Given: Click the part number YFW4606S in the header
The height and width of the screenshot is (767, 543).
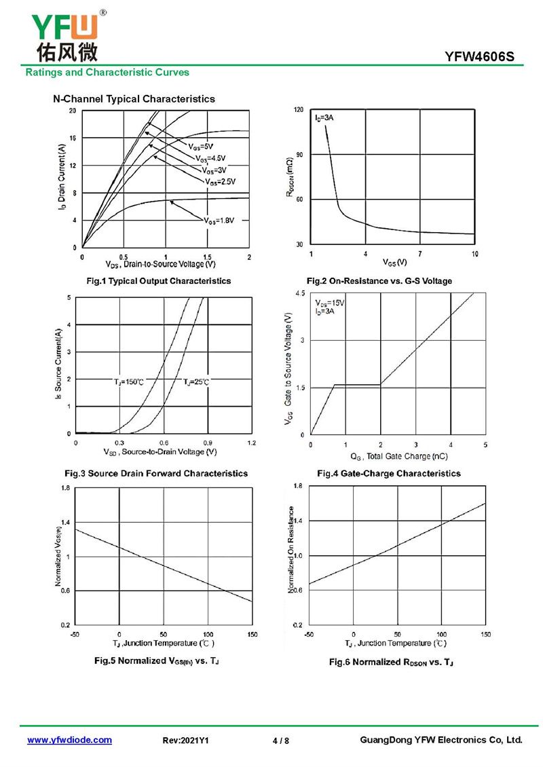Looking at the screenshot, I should click(x=484, y=58).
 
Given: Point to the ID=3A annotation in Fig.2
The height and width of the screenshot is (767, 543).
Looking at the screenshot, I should click(x=324, y=118).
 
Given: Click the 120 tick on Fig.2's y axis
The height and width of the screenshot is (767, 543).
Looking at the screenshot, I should click(x=299, y=109).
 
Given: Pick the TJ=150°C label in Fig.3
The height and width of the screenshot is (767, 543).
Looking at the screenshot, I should click(x=128, y=382).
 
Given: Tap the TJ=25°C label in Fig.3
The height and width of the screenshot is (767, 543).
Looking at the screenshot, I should click(x=196, y=382).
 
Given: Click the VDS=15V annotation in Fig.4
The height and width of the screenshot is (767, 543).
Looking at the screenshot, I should click(x=330, y=303).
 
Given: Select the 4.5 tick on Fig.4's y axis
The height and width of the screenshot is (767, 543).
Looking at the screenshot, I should click(x=300, y=293).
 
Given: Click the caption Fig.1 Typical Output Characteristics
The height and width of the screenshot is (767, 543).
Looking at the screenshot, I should click(x=158, y=281).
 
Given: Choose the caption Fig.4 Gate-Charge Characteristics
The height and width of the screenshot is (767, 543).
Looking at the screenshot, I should click(x=389, y=473).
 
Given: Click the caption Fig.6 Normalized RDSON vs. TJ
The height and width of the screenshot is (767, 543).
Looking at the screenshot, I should click(x=391, y=661).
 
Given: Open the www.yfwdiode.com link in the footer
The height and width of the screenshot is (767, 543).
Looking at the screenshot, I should click(x=69, y=740).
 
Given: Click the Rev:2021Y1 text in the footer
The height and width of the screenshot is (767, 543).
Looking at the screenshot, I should click(x=186, y=741).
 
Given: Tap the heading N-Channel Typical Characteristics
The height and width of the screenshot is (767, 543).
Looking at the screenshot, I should click(x=134, y=99).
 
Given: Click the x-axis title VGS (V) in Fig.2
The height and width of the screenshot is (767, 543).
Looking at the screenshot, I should click(x=395, y=262).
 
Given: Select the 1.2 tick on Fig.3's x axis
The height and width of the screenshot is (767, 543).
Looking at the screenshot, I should click(x=251, y=443).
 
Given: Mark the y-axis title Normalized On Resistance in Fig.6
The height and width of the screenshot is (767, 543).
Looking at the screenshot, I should click(x=291, y=550).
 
